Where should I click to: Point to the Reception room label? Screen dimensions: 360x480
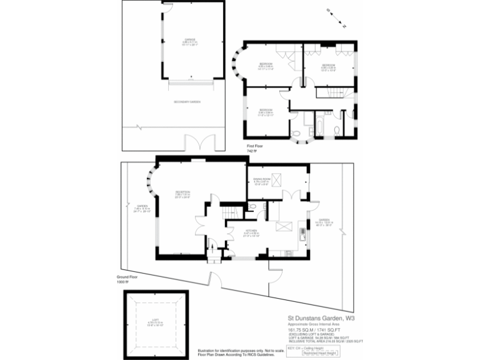pos(182,193)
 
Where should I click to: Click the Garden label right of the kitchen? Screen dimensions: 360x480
pos(323,221)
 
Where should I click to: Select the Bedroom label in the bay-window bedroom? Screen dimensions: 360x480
pos(266,64)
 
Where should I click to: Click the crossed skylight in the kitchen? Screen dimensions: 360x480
pos(283,226)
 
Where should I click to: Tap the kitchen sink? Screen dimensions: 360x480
pos(304,234)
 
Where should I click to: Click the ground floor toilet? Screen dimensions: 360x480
pos(251,207)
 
